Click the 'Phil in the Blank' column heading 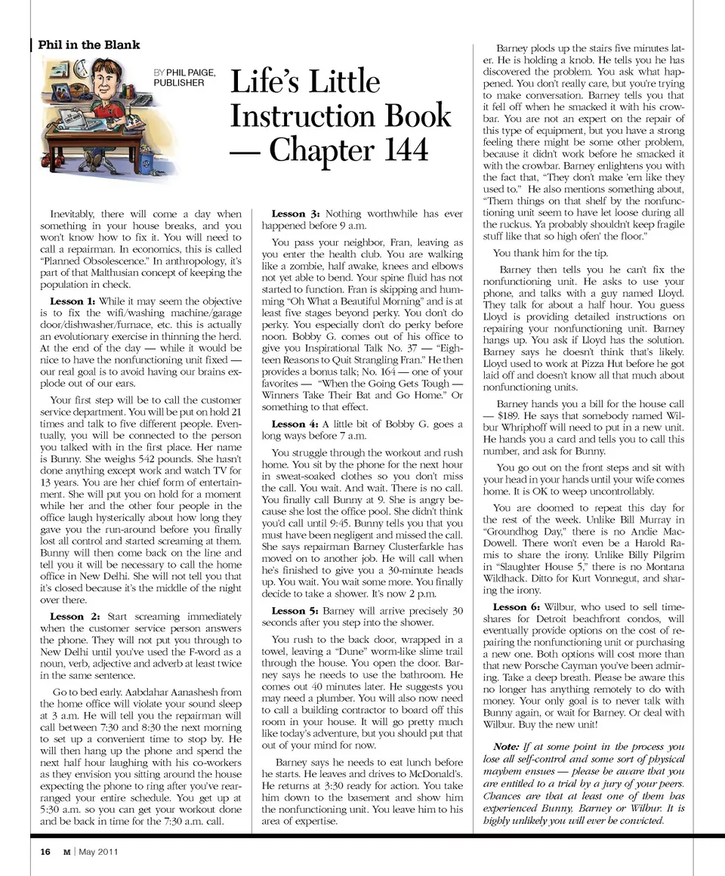tap(89, 45)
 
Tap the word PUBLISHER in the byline tap(179, 83)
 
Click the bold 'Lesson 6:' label tap(516, 607)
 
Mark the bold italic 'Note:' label tap(501, 747)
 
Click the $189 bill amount tap(514, 416)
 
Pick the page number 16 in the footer tap(46, 852)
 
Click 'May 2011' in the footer tap(98, 852)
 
